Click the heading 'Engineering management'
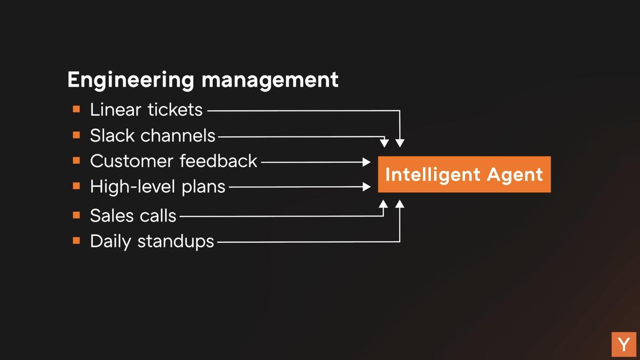(203, 80)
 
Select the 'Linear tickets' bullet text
(146, 110)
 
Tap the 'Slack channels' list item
(153, 135)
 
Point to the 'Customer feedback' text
(173, 161)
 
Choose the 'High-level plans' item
(157, 187)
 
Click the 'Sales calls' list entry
(133, 215)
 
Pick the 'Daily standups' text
(151, 241)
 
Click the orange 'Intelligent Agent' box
(464, 174)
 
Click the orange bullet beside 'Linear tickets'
(76, 109)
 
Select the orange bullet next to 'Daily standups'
(76, 241)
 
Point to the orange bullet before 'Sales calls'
(76, 215)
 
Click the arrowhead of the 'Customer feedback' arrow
(367, 162)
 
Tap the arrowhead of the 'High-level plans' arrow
(367, 187)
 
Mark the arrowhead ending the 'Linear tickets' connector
(400, 143)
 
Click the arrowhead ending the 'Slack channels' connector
(384, 143)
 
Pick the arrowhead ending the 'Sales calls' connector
(383, 204)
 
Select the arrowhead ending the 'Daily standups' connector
(400, 204)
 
